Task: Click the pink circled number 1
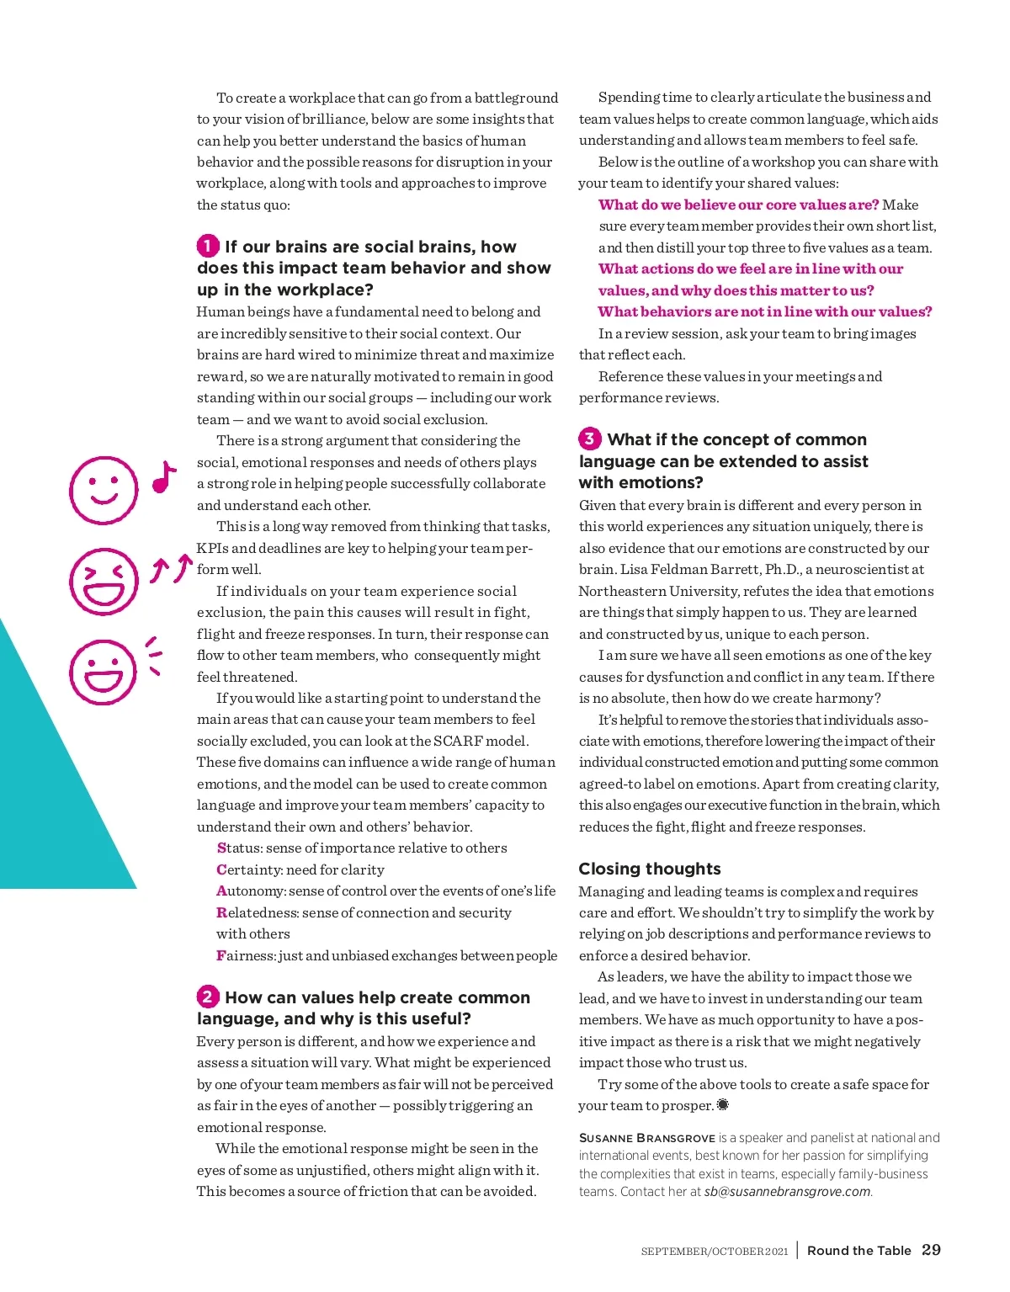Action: click(207, 246)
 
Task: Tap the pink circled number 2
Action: click(207, 997)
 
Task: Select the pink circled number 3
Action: click(589, 439)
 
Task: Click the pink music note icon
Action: click(164, 477)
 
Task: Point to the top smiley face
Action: click(104, 490)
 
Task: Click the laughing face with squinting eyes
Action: click(104, 582)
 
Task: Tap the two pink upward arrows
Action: click(171, 569)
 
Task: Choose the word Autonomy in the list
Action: click(250, 891)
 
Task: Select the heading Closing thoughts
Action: click(650, 869)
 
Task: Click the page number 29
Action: click(931, 1250)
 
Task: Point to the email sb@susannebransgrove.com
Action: click(787, 1192)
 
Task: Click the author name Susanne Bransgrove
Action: click(646, 1138)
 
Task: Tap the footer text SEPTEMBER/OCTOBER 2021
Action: click(714, 1252)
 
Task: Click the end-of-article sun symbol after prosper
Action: click(723, 1105)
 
